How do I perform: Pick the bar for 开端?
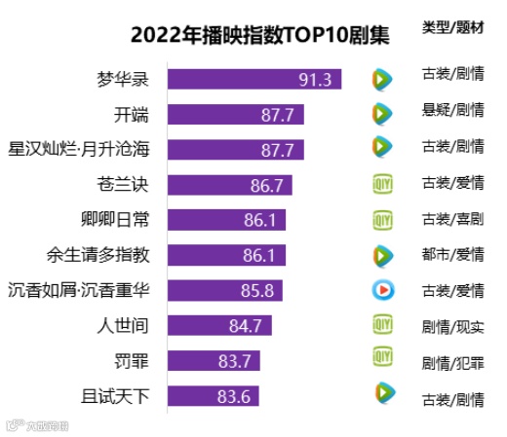click(x=236, y=115)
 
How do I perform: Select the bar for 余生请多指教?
click(x=226, y=255)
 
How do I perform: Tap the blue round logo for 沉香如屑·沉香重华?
click(x=382, y=289)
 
